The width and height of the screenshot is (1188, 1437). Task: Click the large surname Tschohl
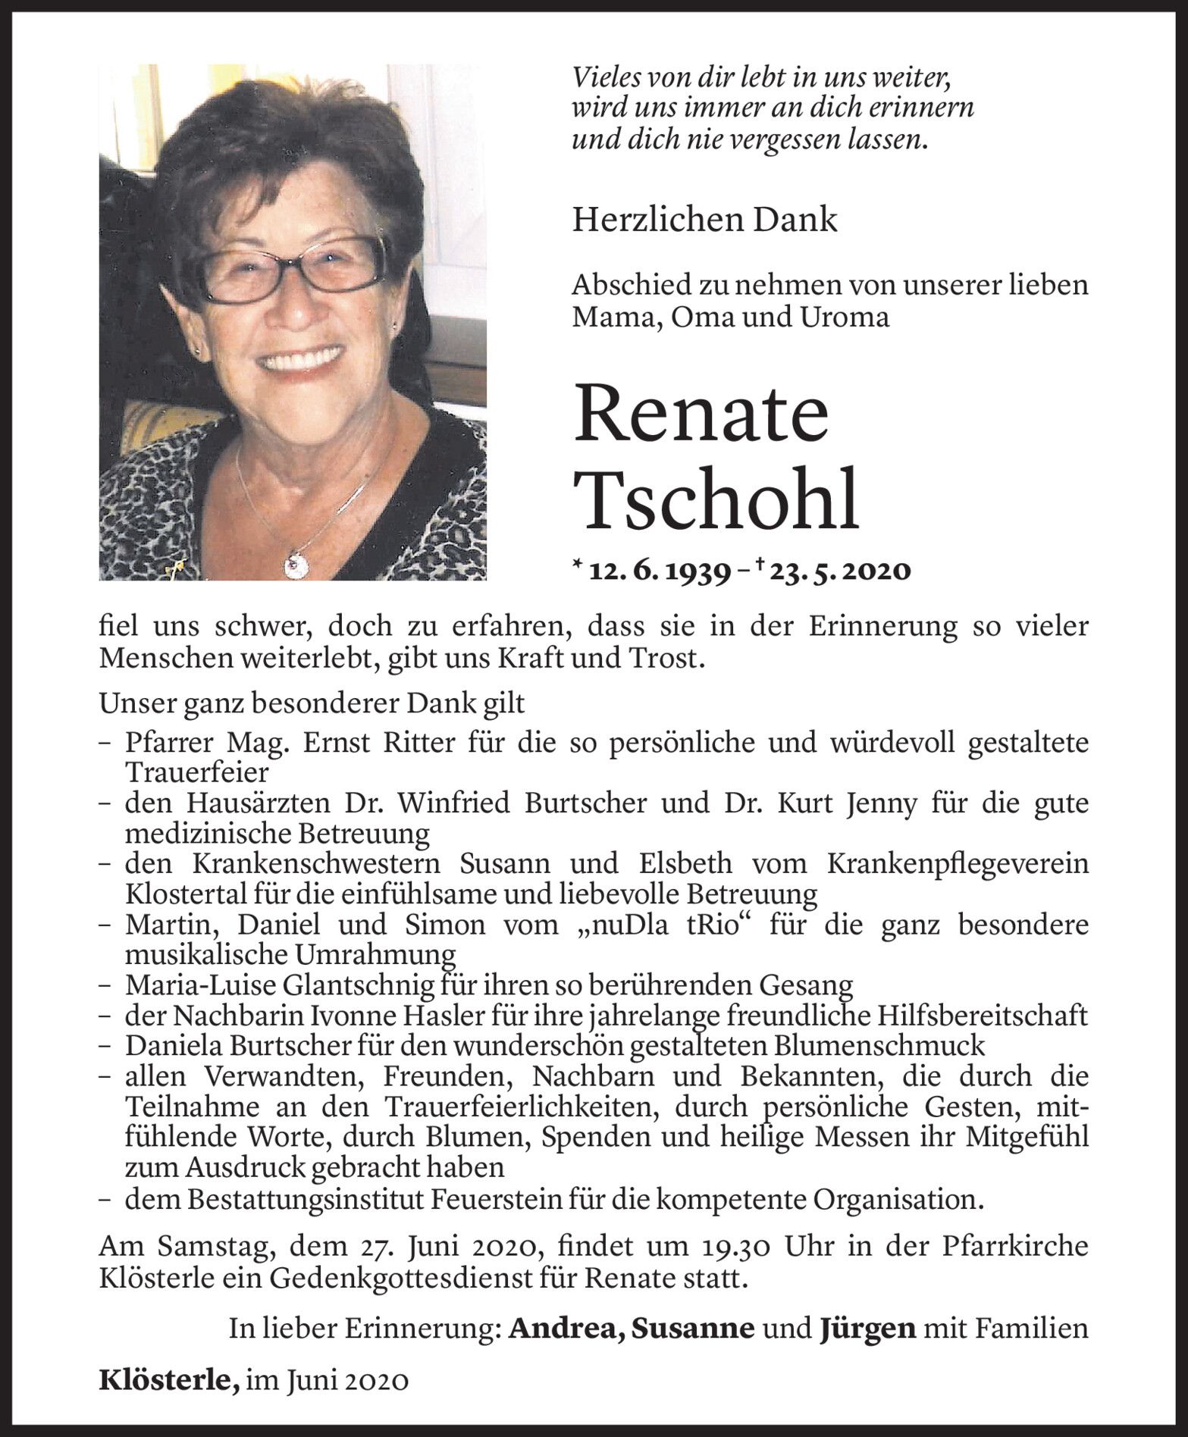pyautogui.click(x=716, y=500)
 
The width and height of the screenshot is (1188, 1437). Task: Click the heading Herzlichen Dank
pyautogui.click(x=704, y=221)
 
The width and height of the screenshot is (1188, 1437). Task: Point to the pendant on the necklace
pyautogui.click(x=293, y=563)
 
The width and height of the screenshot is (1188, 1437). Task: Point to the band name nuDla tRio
pyautogui.click(x=655, y=925)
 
